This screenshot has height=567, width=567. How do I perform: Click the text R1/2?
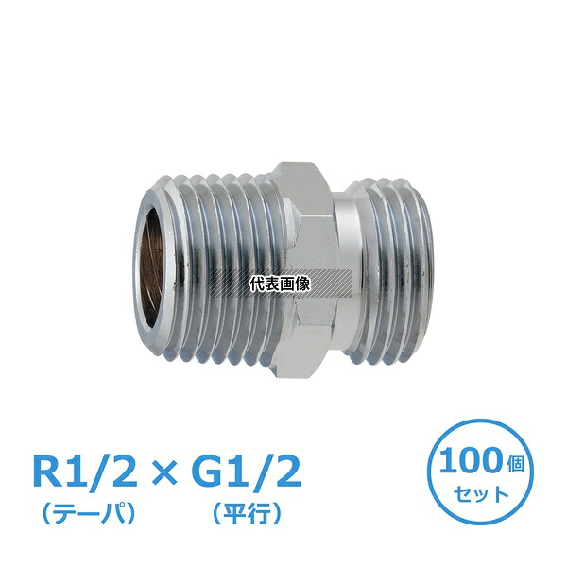pos(85,472)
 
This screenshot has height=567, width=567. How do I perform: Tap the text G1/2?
pos(247,472)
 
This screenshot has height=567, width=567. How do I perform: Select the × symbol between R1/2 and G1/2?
pos(164,473)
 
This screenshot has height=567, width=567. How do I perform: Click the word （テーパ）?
pos(89,513)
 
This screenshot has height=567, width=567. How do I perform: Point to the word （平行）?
pos(247,513)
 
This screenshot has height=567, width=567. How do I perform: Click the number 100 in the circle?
pos(471,460)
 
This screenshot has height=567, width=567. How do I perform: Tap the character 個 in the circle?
pos(513,464)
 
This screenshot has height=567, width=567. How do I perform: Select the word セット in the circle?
pos(481,494)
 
